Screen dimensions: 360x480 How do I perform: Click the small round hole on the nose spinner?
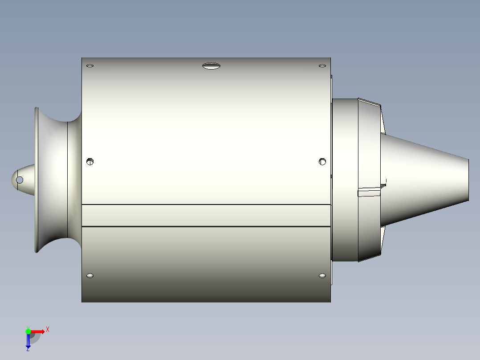coord(20,180)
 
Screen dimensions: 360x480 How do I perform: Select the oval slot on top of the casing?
coord(211,66)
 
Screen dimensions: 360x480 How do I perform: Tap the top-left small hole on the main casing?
coord(90,66)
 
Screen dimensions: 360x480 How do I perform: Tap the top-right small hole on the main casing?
coord(322,66)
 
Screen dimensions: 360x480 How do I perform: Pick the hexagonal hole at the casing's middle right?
coord(322,161)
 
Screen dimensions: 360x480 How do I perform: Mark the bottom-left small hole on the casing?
coord(90,276)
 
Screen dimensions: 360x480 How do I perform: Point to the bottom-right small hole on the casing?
coord(322,276)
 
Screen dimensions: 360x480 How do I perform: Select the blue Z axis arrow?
coord(28,341)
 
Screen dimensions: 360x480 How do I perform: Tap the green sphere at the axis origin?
coord(28,331)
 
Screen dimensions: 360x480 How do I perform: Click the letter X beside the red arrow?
coord(48,330)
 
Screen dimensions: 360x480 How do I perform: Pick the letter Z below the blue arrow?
coord(28,349)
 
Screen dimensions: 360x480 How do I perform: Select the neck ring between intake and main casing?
coord(74,178)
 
